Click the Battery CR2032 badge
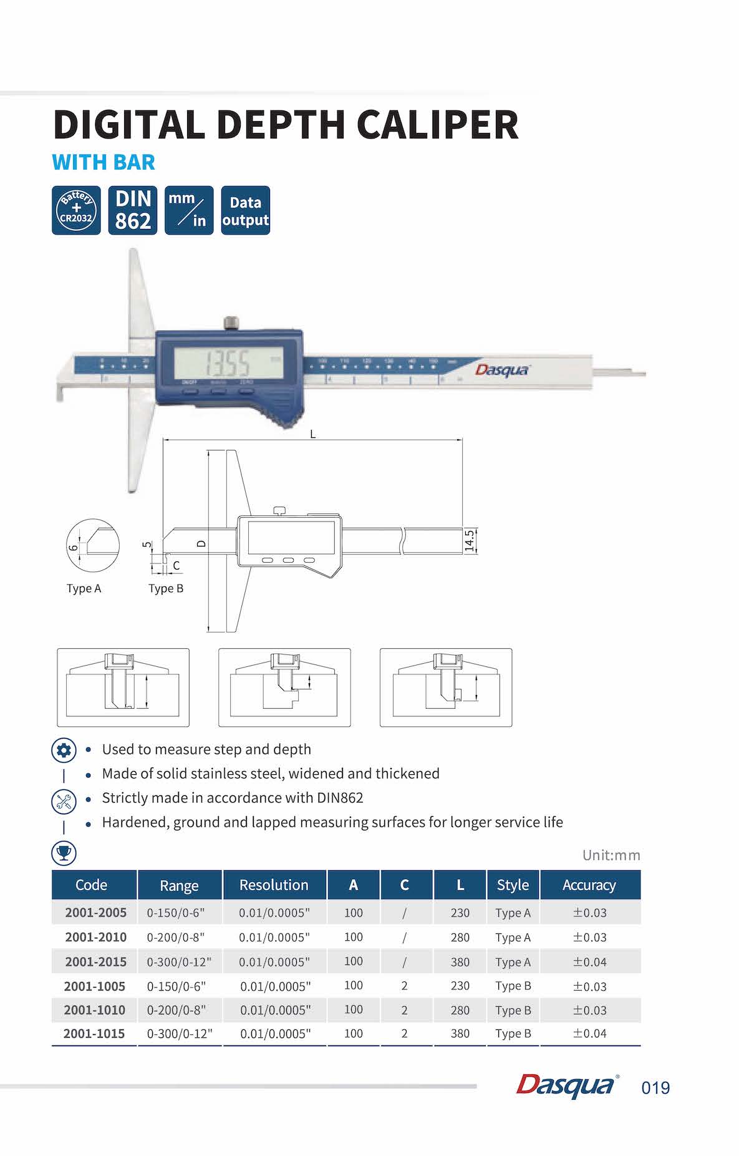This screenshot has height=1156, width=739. click(76, 210)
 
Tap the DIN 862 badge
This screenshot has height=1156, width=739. click(133, 210)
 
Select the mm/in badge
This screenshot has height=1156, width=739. click(189, 210)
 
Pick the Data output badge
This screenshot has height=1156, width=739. click(246, 210)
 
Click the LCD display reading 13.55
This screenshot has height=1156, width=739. click(228, 362)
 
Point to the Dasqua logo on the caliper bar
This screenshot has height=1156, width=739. click(502, 370)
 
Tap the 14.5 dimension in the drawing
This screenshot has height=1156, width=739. click(470, 540)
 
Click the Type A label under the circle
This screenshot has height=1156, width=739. click(84, 588)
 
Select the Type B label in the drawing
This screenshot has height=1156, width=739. click(166, 588)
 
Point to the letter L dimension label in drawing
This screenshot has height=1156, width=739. click(313, 434)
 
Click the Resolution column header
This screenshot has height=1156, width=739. click(274, 885)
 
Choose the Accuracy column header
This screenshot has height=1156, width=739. click(589, 885)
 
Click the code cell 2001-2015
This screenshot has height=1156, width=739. click(95, 961)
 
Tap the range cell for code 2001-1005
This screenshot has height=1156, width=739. click(176, 986)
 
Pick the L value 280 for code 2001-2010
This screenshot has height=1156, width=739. click(460, 937)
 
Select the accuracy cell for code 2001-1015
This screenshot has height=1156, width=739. click(590, 1033)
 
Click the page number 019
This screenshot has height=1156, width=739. click(655, 1088)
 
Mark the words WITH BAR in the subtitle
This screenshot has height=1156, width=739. click(104, 162)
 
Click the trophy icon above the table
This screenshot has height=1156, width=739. click(64, 852)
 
